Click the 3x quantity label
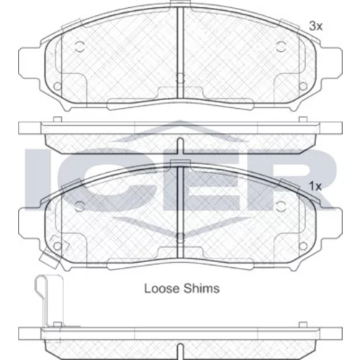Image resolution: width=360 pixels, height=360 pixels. (315, 26)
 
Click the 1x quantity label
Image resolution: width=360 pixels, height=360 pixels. (315, 186)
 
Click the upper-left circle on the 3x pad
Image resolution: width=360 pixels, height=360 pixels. (80, 46)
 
